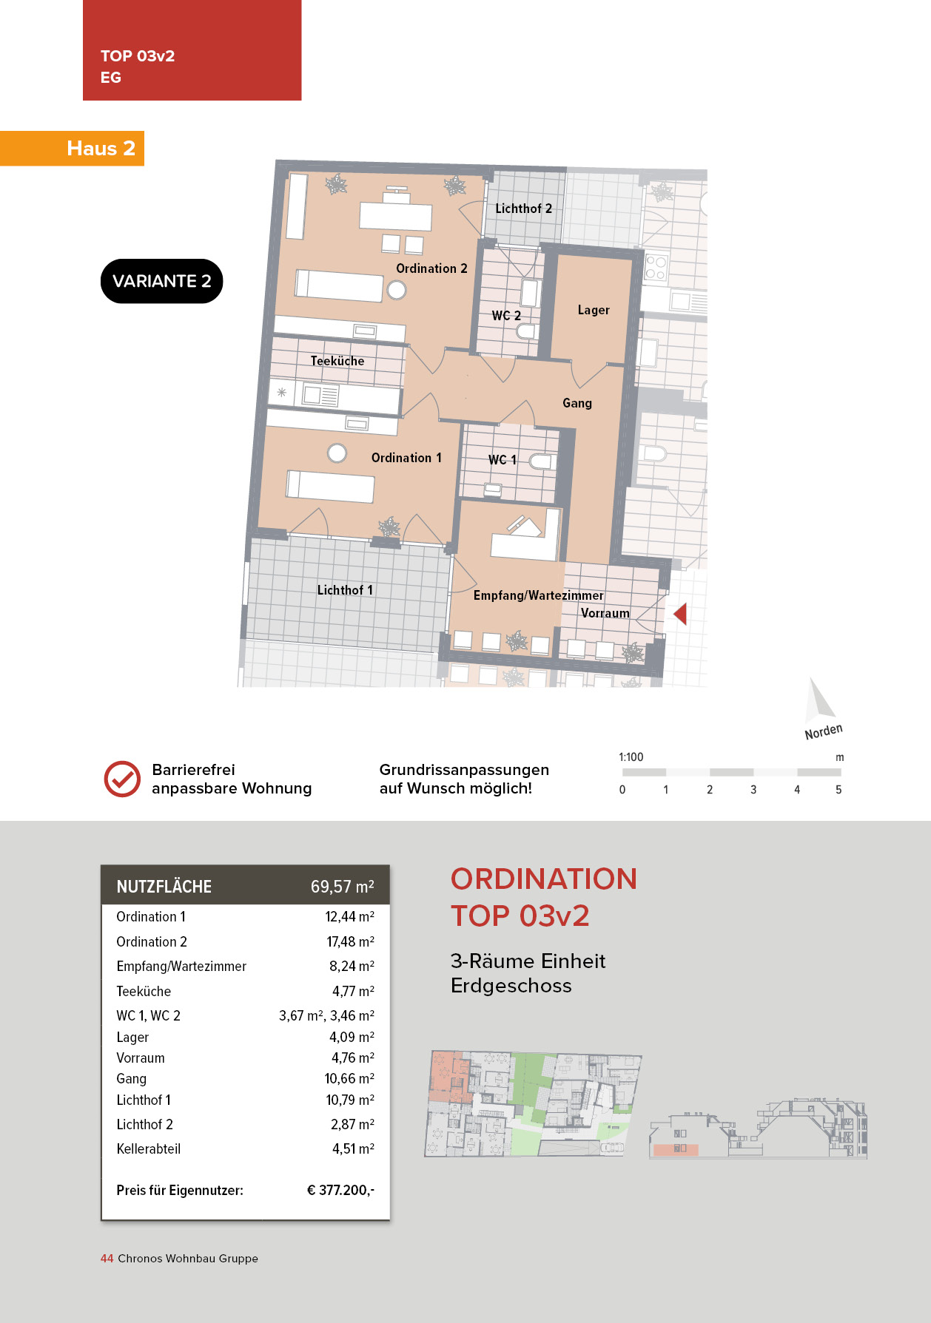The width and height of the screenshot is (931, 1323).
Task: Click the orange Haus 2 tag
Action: coord(72,148)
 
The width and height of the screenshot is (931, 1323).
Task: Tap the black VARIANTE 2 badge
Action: coord(161,281)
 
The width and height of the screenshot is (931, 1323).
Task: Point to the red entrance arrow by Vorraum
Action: coord(680,613)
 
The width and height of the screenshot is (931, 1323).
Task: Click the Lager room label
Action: coord(594,310)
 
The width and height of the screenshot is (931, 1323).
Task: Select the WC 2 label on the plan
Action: coord(506,316)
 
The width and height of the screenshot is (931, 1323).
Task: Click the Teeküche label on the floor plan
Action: coord(337,361)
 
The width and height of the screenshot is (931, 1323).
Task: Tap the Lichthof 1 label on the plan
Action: coord(345,590)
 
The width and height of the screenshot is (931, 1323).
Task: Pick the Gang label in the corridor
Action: coord(577,403)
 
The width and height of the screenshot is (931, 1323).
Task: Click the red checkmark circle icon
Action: coord(122,779)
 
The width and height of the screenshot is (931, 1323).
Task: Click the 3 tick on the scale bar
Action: coord(753,790)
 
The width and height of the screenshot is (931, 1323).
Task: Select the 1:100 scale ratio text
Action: coord(631,757)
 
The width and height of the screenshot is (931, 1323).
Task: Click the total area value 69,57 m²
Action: coord(343,887)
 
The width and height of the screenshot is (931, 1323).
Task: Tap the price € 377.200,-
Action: coord(340,1190)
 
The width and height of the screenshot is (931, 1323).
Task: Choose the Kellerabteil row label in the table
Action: coord(149,1148)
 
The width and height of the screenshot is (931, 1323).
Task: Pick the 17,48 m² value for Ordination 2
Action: coord(351,941)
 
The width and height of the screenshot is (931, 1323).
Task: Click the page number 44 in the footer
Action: coord(107,1259)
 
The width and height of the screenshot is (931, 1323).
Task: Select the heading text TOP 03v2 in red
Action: coord(520,916)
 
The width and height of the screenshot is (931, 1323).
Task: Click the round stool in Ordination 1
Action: coord(337,453)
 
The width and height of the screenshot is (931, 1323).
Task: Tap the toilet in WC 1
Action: coord(541,461)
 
